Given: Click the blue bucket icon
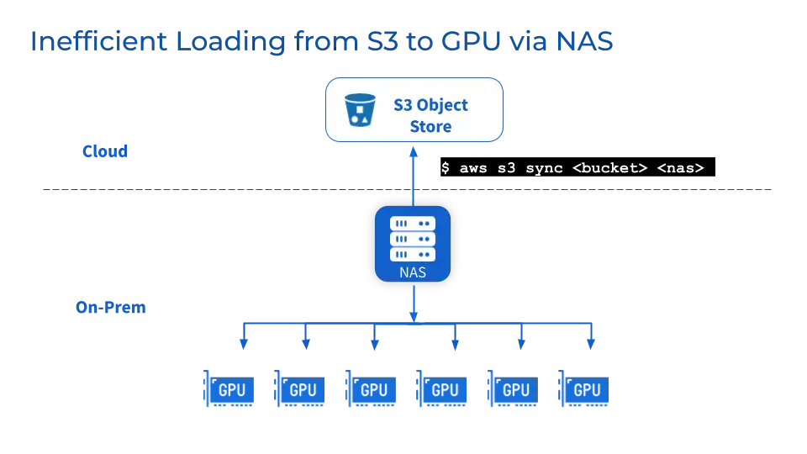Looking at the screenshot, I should tap(361, 109).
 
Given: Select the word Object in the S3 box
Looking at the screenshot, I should tap(442, 106).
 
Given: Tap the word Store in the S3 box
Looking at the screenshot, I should tap(430, 127).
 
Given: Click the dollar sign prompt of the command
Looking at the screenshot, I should tap(446, 168).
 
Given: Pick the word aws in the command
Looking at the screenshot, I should tap(472, 168).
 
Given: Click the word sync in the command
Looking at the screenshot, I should tap(542, 168).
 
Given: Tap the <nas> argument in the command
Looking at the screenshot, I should tap(679, 168).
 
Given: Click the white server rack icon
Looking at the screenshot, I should tap(412, 239).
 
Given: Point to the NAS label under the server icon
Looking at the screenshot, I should tap(412, 272).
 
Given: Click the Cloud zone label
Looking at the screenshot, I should tap(104, 152).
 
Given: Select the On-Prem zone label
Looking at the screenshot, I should tap(111, 309).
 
